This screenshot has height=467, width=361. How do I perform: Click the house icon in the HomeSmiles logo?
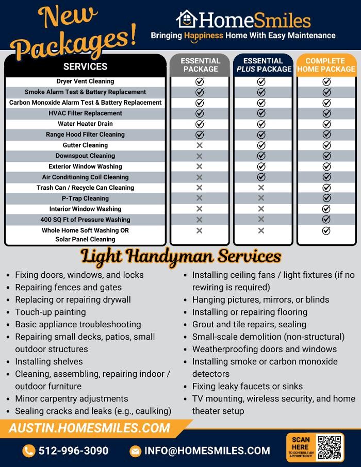point(187,20)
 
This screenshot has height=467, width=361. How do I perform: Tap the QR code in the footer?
point(330,447)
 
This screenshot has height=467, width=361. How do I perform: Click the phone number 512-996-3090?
point(73,451)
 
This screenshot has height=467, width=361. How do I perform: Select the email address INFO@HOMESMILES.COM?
point(207,451)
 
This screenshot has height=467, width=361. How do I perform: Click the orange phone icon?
point(29,451)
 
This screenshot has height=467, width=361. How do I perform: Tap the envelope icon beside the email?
point(135,451)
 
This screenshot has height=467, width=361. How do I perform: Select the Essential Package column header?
point(200,65)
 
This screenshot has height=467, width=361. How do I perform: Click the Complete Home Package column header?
point(326,65)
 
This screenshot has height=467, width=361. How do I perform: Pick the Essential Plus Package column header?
point(263,65)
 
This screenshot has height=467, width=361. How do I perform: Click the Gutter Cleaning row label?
point(86,145)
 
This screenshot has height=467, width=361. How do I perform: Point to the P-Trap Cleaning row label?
point(86,198)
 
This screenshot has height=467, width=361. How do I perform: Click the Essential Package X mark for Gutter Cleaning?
point(200,145)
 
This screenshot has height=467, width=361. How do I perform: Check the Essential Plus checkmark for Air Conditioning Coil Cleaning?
point(261,177)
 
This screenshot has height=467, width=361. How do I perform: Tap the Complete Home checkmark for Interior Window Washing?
point(326,209)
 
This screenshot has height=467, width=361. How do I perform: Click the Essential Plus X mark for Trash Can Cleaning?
point(261,188)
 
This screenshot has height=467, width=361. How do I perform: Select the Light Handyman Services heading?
point(180,256)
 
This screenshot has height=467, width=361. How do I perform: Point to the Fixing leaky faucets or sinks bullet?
point(248,386)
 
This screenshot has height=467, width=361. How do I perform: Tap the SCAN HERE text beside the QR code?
point(301,443)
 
